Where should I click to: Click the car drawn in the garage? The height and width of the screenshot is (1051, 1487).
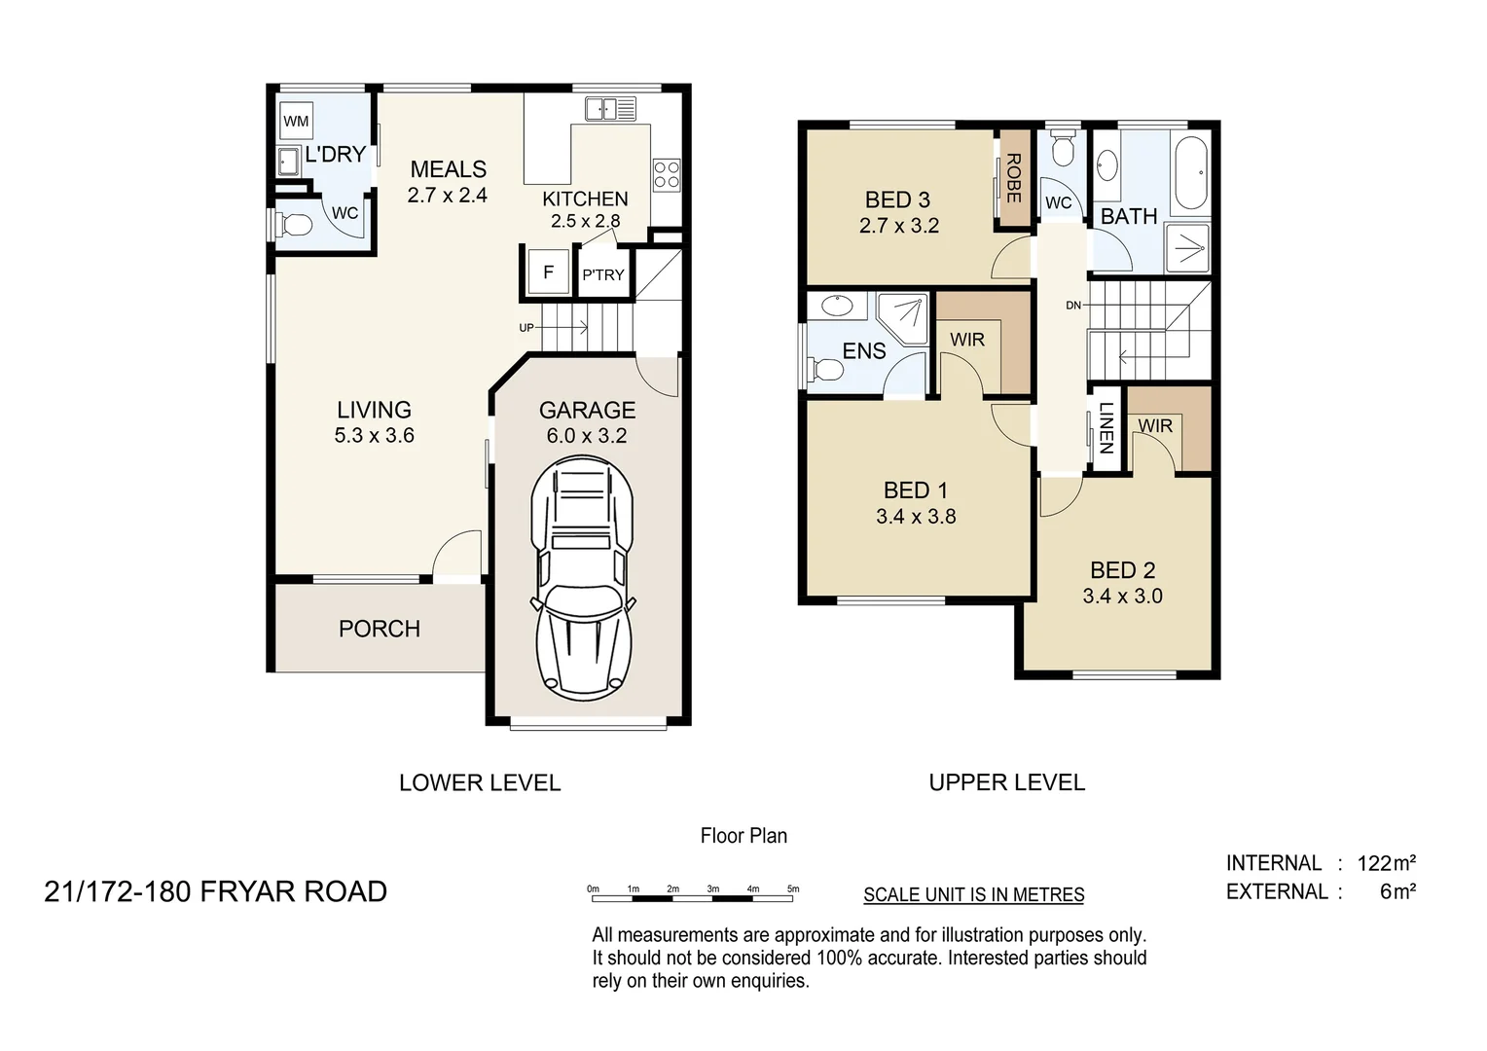click(582, 580)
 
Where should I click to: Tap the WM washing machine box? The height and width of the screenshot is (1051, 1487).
click(296, 122)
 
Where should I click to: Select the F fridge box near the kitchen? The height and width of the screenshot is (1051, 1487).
click(548, 272)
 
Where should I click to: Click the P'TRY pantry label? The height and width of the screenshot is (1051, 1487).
click(602, 275)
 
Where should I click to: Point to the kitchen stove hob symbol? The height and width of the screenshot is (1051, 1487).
click(667, 175)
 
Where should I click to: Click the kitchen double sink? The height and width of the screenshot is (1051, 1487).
click(610, 108)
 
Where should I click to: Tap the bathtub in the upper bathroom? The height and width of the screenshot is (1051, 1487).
click(1191, 173)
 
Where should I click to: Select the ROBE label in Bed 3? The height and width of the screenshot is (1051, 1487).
click(1013, 178)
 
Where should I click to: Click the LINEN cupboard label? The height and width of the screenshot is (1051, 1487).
click(1105, 428)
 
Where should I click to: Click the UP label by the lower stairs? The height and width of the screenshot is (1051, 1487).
click(526, 328)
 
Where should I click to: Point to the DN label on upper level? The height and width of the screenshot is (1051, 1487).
click(1072, 306)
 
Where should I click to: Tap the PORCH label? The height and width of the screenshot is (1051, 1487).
click(380, 629)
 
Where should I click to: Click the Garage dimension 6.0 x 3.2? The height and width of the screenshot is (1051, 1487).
click(586, 436)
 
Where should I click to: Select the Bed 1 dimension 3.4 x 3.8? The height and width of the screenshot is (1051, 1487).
click(916, 517)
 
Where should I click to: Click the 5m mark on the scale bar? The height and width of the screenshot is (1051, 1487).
click(793, 889)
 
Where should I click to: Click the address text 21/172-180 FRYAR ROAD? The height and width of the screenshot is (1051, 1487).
click(215, 891)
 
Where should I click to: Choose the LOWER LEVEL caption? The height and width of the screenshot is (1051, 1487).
click(480, 782)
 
